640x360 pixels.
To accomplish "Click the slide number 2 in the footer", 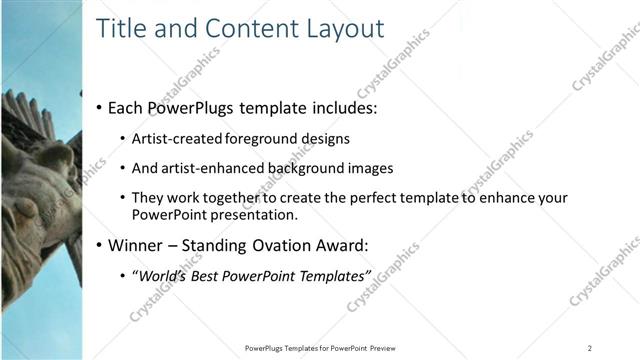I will click(589, 348).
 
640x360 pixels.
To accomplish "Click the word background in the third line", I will click(308, 168).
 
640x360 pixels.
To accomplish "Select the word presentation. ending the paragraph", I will click(252, 214).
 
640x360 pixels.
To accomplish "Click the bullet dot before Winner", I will click(98, 245).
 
